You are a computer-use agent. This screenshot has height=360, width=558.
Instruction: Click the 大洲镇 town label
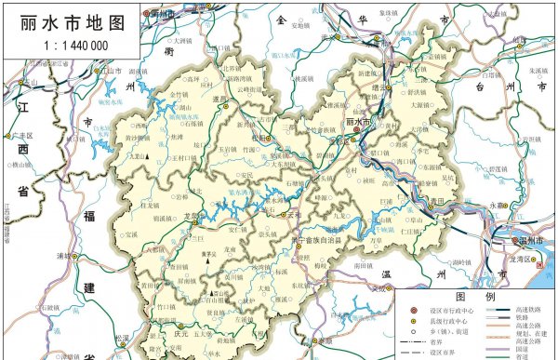click(x=181, y=42)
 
